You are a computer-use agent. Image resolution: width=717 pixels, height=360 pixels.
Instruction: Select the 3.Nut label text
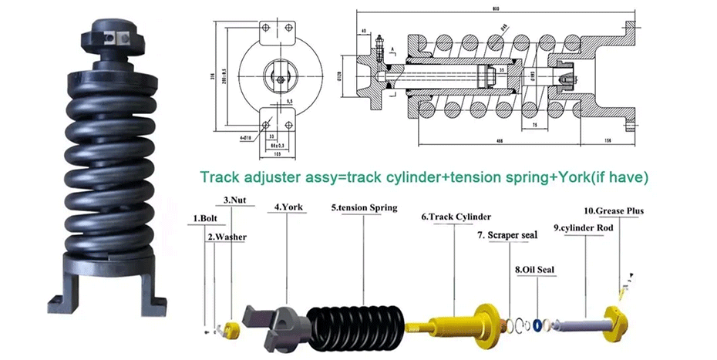point(234,200)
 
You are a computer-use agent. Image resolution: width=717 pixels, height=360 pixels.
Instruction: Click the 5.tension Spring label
point(364,208)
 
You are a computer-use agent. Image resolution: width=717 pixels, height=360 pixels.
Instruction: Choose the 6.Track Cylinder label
point(456,217)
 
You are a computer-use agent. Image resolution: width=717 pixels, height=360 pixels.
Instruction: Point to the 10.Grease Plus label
point(613,210)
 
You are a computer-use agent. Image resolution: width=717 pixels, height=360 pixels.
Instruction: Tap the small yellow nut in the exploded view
point(233,329)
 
